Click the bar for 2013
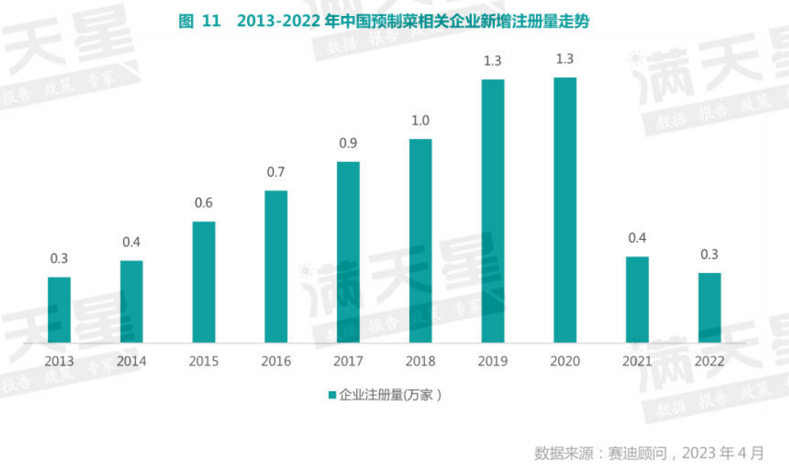tap(59, 310)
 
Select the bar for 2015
tap(203, 282)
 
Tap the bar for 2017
tap(348, 252)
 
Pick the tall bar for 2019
tap(492, 211)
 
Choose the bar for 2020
tap(565, 210)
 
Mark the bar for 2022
tap(709, 307)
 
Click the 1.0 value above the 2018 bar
tap(420, 121)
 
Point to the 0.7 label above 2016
tap(276, 173)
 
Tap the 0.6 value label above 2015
tap(203, 203)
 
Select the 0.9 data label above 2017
tap(348, 144)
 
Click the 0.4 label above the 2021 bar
tap(637, 238)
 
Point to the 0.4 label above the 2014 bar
tap(131, 243)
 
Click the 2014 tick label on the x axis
tap(131, 361)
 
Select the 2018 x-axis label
tap(420, 361)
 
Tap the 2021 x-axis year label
tap(637, 361)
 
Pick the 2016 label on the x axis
tap(276, 361)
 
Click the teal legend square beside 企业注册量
tap(333, 395)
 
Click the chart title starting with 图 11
tap(384, 21)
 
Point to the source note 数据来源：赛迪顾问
tap(649, 452)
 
